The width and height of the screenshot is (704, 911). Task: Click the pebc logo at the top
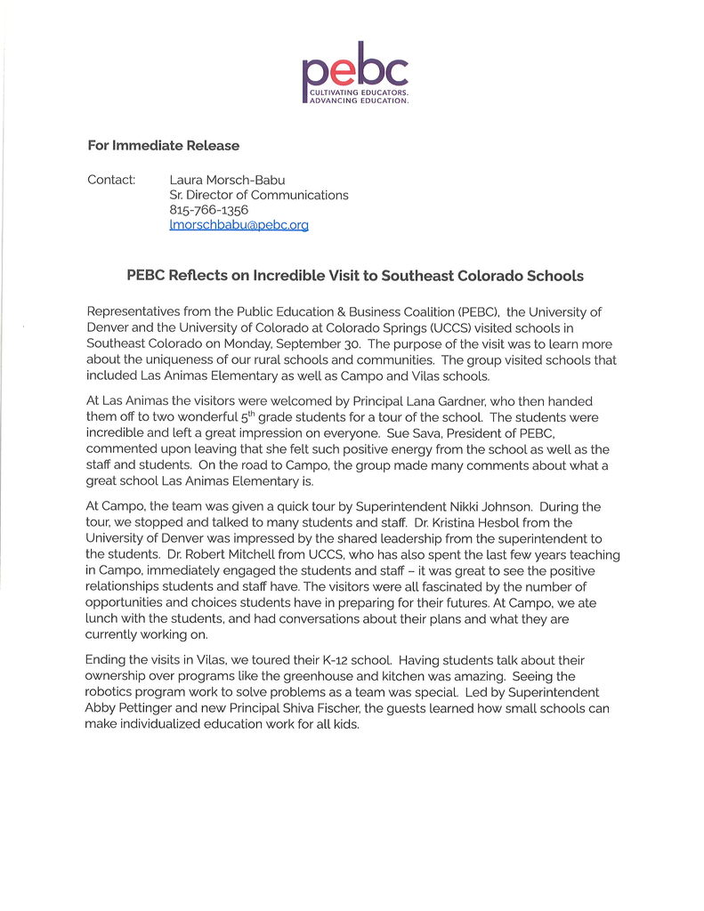click(354, 72)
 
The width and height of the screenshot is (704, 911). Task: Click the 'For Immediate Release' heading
click(163, 145)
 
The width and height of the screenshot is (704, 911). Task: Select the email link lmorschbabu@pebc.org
click(239, 225)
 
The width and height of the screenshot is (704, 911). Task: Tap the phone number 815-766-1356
click(208, 210)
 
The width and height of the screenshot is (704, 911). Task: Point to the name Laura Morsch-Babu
click(227, 180)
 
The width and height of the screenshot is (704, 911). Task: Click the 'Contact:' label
click(111, 180)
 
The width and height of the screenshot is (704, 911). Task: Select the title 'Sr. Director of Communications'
click(258, 195)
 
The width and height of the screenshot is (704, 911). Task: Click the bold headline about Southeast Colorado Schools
click(355, 276)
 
